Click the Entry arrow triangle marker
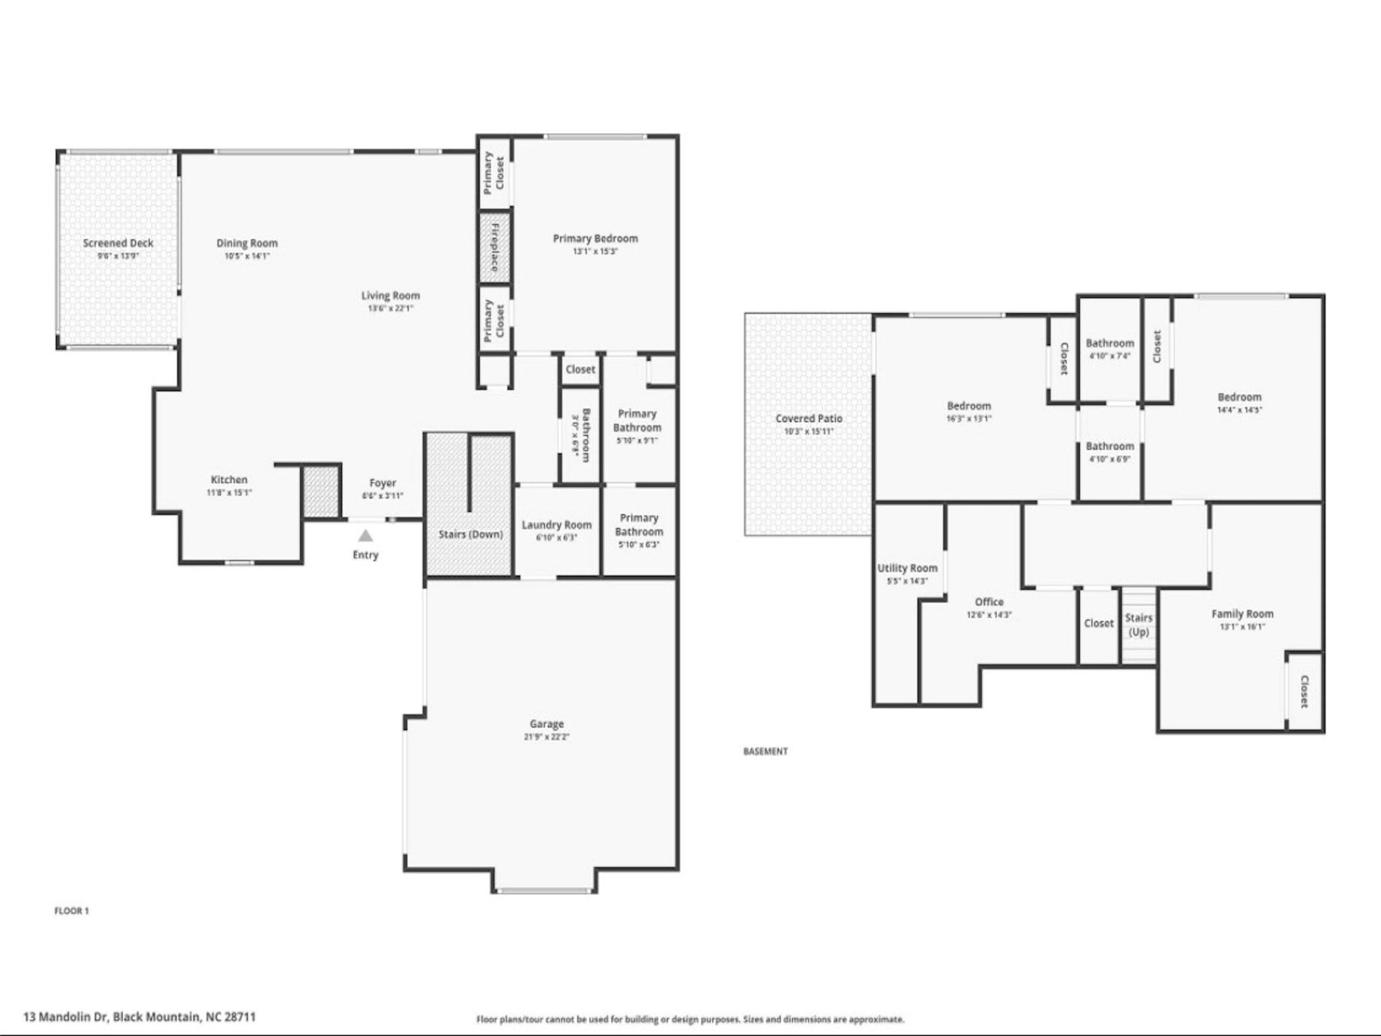click(x=365, y=536)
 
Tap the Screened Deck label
click(x=118, y=243)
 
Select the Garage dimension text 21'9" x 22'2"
click(x=546, y=737)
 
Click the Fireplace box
click(x=494, y=247)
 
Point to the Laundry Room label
click(x=556, y=525)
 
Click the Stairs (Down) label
click(x=471, y=534)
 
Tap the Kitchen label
click(x=229, y=480)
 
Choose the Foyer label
click(x=382, y=483)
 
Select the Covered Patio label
click(x=809, y=418)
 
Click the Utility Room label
click(x=907, y=568)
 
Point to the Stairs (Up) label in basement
click(x=1138, y=625)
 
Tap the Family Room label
click(x=1242, y=614)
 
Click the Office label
click(x=989, y=602)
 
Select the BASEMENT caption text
click(x=765, y=751)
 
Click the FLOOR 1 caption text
click(x=71, y=911)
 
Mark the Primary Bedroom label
click(x=595, y=238)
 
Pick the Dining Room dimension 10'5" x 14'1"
click(x=247, y=256)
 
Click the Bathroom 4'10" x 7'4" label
click(x=1109, y=343)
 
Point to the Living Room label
click(x=390, y=295)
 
